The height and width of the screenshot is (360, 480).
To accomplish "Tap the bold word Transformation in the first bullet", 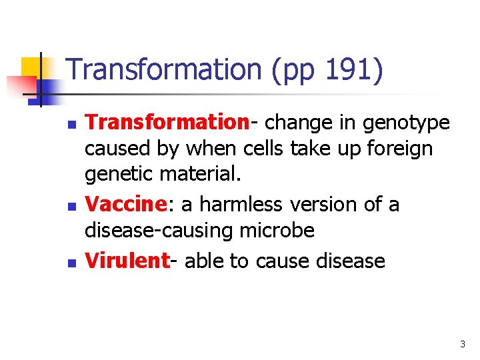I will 167,123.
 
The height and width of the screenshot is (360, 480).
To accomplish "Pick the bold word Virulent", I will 127,260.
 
